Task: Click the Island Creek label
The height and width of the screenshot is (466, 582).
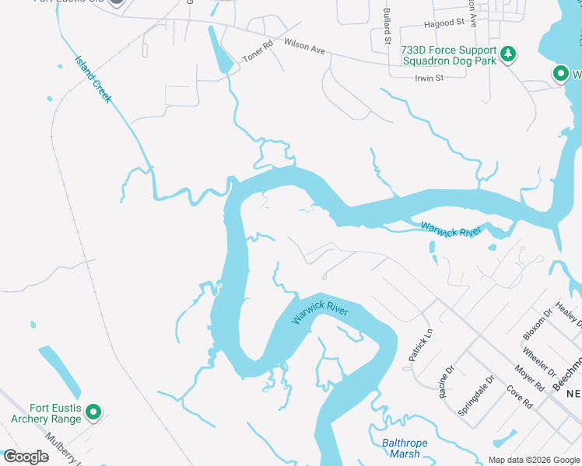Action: pos(93,79)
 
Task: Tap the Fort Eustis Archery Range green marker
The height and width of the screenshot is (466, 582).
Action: pos(93,412)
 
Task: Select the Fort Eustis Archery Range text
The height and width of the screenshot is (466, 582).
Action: pos(56,414)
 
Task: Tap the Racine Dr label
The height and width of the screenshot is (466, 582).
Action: pos(447,384)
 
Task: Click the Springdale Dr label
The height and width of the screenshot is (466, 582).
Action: pos(477,396)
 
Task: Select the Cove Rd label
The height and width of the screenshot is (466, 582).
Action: pos(519,397)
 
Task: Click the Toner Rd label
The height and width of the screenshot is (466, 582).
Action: pos(258,52)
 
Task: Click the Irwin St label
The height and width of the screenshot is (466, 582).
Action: pos(429,78)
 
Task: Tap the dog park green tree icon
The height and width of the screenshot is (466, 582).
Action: pos(508,53)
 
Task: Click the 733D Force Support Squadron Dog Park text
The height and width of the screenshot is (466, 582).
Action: pos(447,55)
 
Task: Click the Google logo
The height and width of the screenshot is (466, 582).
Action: pos(25,457)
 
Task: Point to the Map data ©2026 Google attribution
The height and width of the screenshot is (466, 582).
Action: pos(534,460)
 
